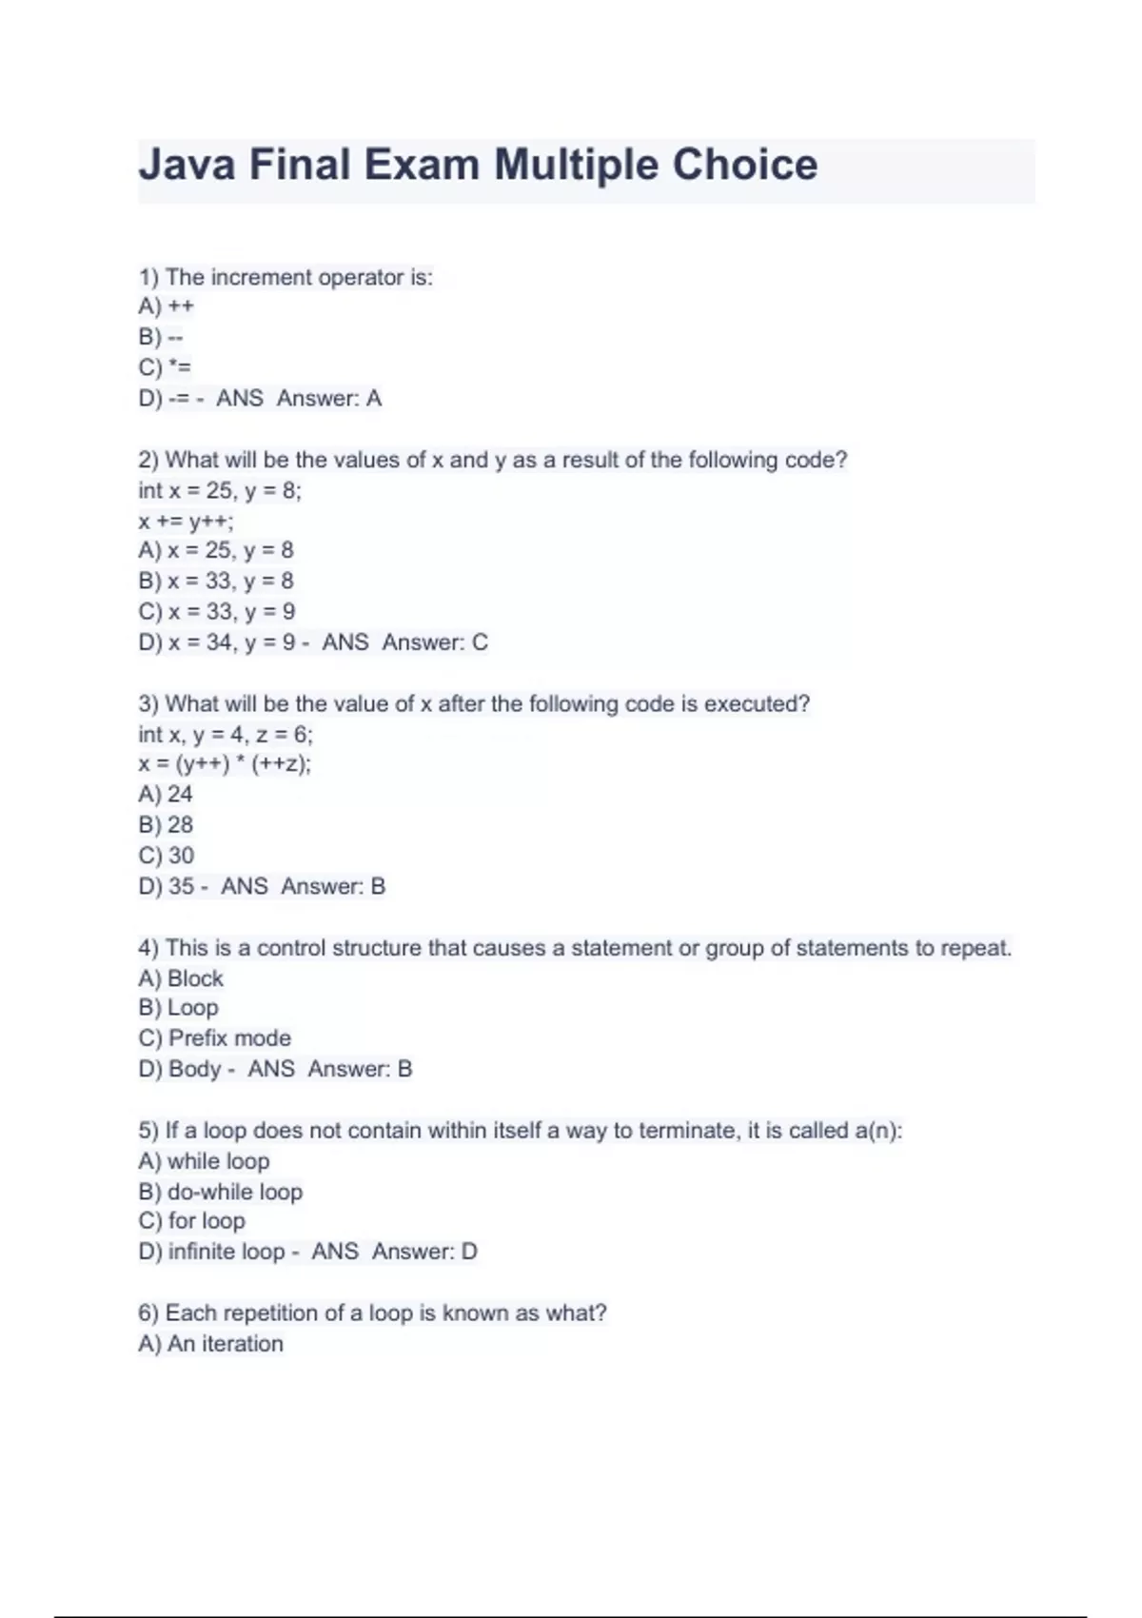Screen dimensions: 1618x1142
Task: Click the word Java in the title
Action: point(187,165)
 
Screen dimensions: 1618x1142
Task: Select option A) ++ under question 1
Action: point(167,306)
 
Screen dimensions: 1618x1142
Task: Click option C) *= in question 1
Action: point(165,367)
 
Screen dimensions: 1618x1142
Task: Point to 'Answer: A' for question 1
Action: point(329,398)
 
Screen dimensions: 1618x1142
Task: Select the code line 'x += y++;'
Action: point(186,521)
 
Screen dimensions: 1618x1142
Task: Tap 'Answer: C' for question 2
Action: point(435,642)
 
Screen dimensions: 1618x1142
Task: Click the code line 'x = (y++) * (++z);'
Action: point(225,764)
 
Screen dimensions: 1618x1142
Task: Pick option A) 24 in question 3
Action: point(166,795)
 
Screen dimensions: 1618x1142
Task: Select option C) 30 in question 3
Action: point(167,856)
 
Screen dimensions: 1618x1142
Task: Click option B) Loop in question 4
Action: point(179,1008)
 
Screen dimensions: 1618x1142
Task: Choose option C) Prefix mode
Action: point(215,1038)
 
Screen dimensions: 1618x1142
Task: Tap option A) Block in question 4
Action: point(181,978)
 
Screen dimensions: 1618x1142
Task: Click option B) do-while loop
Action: point(221,1192)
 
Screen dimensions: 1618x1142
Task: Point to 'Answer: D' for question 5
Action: point(424,1252)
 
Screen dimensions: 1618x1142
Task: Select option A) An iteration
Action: point(211,1344)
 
